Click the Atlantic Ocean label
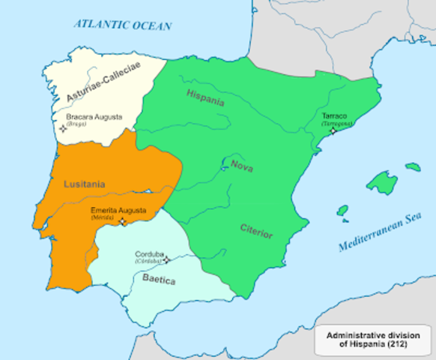click(122, 25)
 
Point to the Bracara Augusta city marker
click(63, 128)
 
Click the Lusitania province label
click(85, 184)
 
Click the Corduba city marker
click(166, 259)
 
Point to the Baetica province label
click(158, 280)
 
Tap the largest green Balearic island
click(381, 182)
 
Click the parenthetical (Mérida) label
click(103, 217)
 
